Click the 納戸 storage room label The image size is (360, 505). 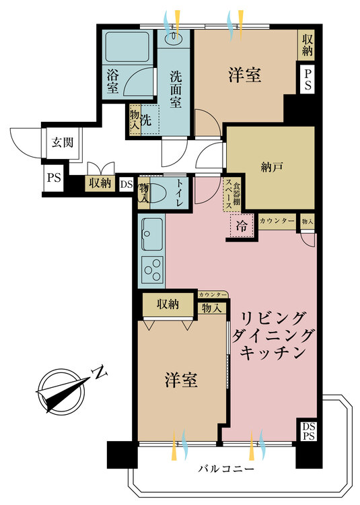click(x=271, y=165)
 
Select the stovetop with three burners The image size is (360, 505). click(x=152, y=271)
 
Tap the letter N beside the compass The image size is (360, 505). click(x=100, y=372)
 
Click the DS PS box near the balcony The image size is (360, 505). click(x=308, y=430)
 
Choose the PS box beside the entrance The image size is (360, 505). click(x=53, y=178)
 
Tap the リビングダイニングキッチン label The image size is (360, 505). click(x=272, y=335)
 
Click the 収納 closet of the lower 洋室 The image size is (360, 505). click(x=169, y=305)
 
